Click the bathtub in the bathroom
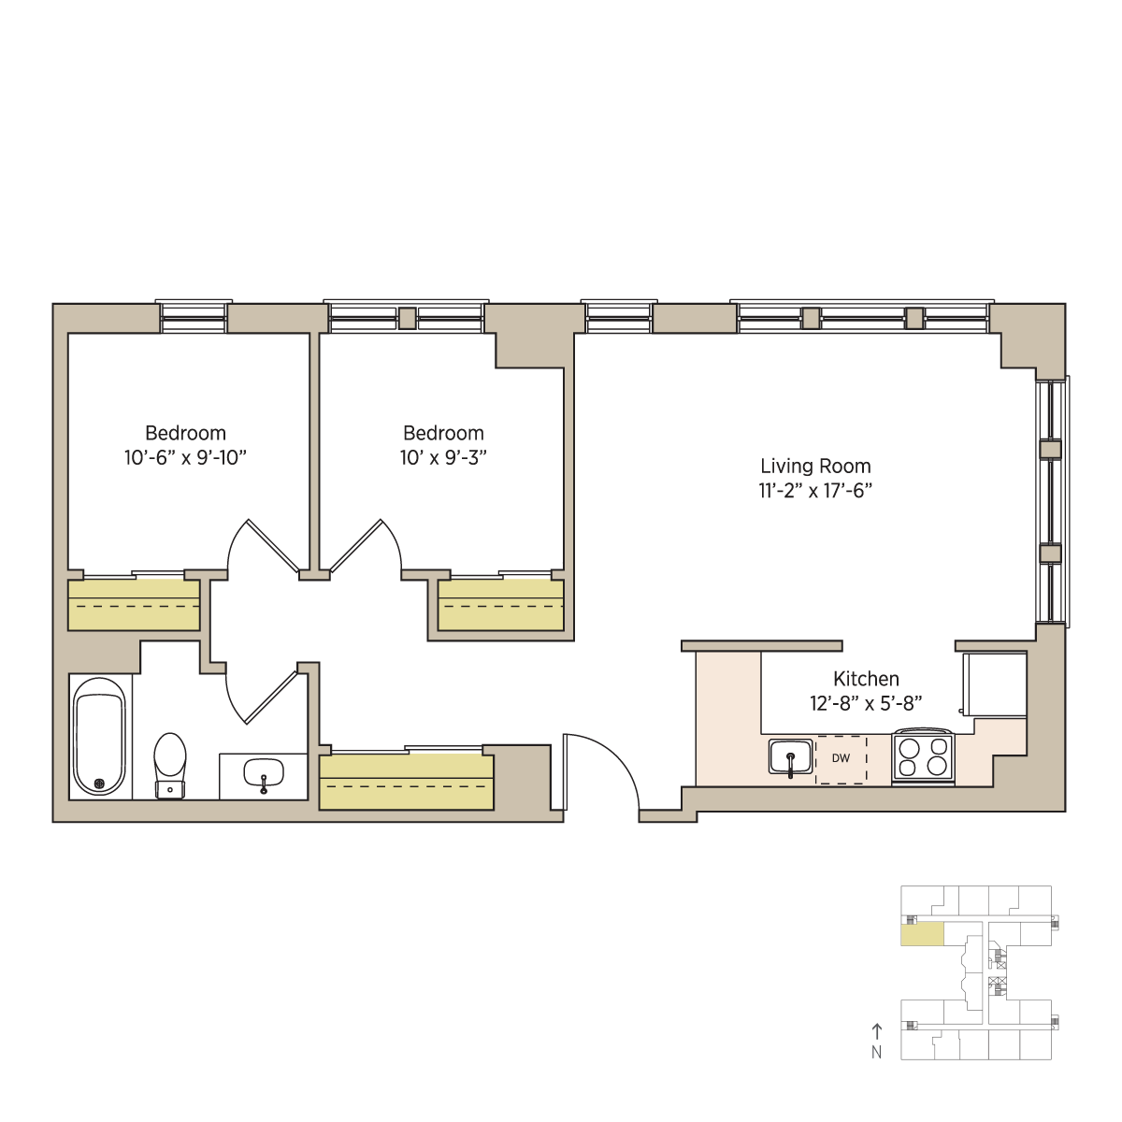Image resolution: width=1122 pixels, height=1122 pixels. tap(99, 737)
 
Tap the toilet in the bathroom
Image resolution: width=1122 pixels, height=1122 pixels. tap(170, 765)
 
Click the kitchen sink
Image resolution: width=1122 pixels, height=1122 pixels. tap(790, 757)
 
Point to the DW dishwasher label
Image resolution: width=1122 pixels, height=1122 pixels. tap(841, 758)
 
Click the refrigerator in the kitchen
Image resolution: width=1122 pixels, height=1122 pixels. tap(995, 684)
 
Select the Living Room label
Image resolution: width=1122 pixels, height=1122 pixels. tap(815, 466)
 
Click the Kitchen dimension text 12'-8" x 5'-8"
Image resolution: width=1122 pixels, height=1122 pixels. tap(866, 703)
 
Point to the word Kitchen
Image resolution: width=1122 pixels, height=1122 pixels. tap(866, 678)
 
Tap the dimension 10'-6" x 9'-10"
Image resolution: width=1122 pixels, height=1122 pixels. tap(185, 457)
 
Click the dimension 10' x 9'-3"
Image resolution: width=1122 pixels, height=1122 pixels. tap(443, 457)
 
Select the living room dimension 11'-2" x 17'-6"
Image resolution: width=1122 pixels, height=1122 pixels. tap(815, 491)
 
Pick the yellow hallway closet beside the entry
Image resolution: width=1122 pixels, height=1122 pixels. tap(406, 782)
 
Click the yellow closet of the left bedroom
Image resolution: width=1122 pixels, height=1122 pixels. tap(134, 605)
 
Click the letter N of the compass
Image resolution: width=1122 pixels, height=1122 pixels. tap(876, 1052)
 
